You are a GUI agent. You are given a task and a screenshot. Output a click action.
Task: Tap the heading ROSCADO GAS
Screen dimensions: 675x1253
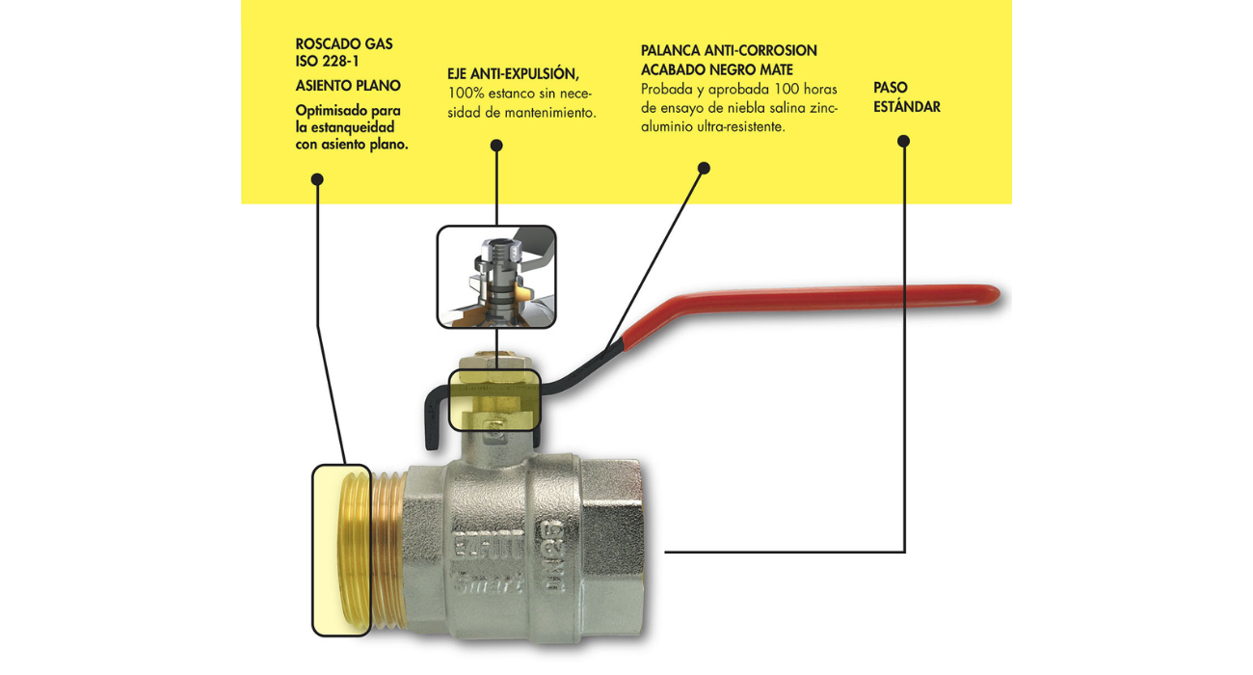pos(344,44)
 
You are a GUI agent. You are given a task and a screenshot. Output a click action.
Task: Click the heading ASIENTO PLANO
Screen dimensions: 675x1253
pos(348,86)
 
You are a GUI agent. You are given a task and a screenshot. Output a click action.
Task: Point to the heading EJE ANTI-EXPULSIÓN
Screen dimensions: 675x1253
pos(513,73)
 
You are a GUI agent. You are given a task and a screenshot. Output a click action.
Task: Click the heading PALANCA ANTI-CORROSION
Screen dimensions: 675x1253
pos(729,50)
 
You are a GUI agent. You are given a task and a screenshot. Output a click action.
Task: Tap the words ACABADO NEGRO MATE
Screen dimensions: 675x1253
pos(717,69)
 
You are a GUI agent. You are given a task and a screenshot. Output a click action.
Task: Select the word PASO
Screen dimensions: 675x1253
pos(891,88)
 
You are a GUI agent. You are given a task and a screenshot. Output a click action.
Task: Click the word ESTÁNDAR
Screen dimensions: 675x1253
pos(907,107)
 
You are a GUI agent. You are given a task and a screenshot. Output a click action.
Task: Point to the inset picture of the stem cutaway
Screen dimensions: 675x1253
pos(496,277)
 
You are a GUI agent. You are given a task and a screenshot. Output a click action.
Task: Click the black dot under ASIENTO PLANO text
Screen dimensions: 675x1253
pos(317,179)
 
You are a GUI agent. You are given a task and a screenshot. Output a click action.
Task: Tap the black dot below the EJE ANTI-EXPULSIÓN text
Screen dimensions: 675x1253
pos(496,146)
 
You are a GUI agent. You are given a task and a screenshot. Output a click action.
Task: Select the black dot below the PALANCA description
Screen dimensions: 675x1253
pos(704,168)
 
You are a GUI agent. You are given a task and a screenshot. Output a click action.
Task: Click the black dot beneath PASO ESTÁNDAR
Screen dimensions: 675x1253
pos(903,141)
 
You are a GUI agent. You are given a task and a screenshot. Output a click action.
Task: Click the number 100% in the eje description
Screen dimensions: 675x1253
pos(467,94)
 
